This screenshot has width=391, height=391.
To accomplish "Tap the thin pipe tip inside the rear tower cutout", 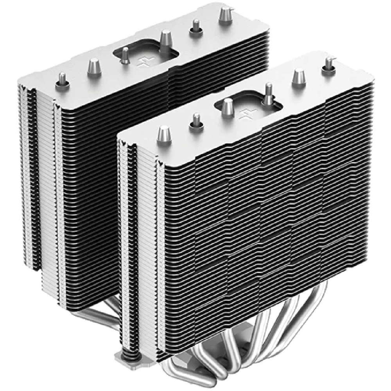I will (x=126, y=55).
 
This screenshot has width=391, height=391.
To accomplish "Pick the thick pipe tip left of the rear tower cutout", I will (x=94, y=66).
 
